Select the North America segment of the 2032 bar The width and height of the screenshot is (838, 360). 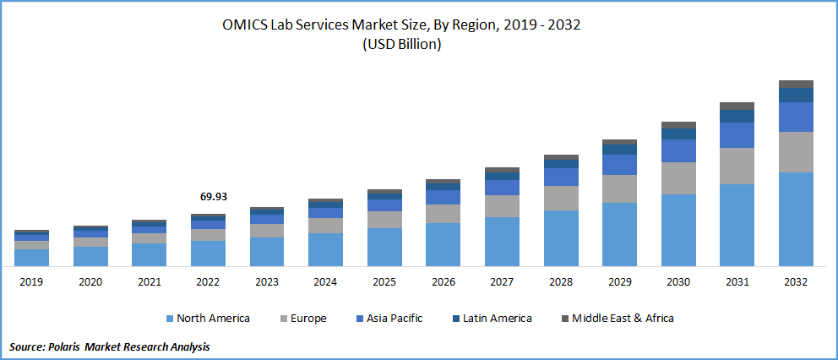tap(796, 219)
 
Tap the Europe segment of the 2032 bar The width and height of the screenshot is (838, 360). tap(796, 152)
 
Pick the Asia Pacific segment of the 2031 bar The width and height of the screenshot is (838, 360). tap(737, 135)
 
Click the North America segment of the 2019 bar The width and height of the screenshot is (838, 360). tap(31, 258)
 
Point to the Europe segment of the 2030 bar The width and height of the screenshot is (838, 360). tap(678, 178)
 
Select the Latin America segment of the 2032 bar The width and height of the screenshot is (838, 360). tap(796, 95)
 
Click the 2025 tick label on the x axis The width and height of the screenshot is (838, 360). tap(384, 281)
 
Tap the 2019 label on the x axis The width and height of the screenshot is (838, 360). tap(31, 281)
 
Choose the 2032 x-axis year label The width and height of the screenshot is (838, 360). tap(796, 281)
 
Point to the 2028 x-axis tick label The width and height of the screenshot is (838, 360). tap(561, 281)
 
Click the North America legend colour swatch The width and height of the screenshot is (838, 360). tap(169, 319)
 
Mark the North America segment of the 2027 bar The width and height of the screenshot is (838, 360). tap(502, 242)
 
